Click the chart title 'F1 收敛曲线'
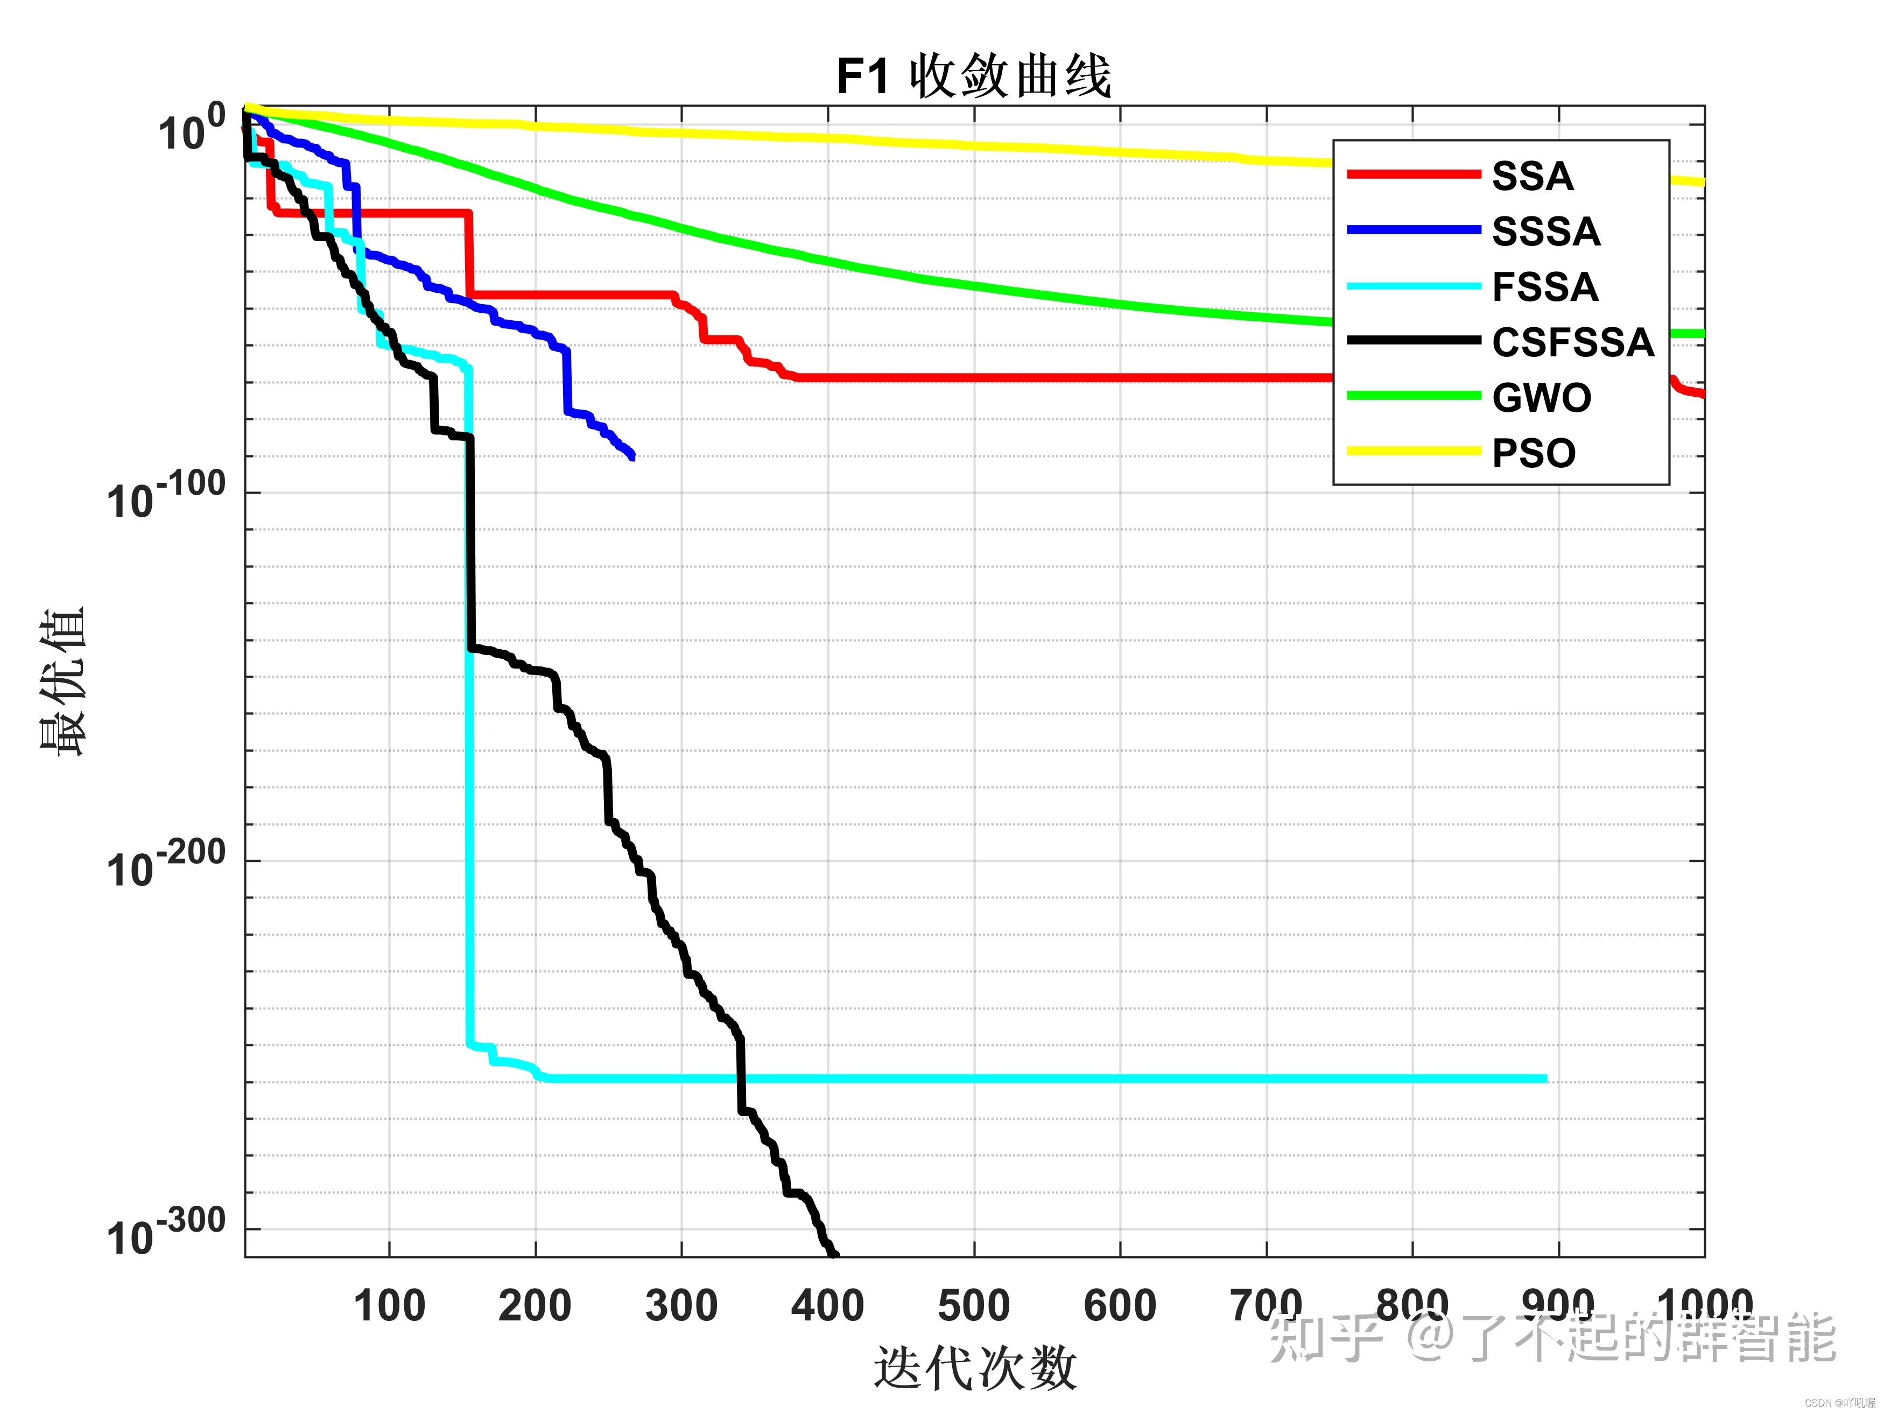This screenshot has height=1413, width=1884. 974,76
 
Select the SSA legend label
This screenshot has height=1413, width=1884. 1532,177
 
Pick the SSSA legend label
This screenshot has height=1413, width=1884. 1546,231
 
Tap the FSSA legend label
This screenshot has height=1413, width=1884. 1545,287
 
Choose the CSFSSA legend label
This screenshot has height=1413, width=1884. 1572,342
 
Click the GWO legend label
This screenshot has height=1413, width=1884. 1541,398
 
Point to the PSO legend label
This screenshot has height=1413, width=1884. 1533,453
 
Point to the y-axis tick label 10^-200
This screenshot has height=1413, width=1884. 167,863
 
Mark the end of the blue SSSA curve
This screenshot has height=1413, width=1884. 633,458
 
